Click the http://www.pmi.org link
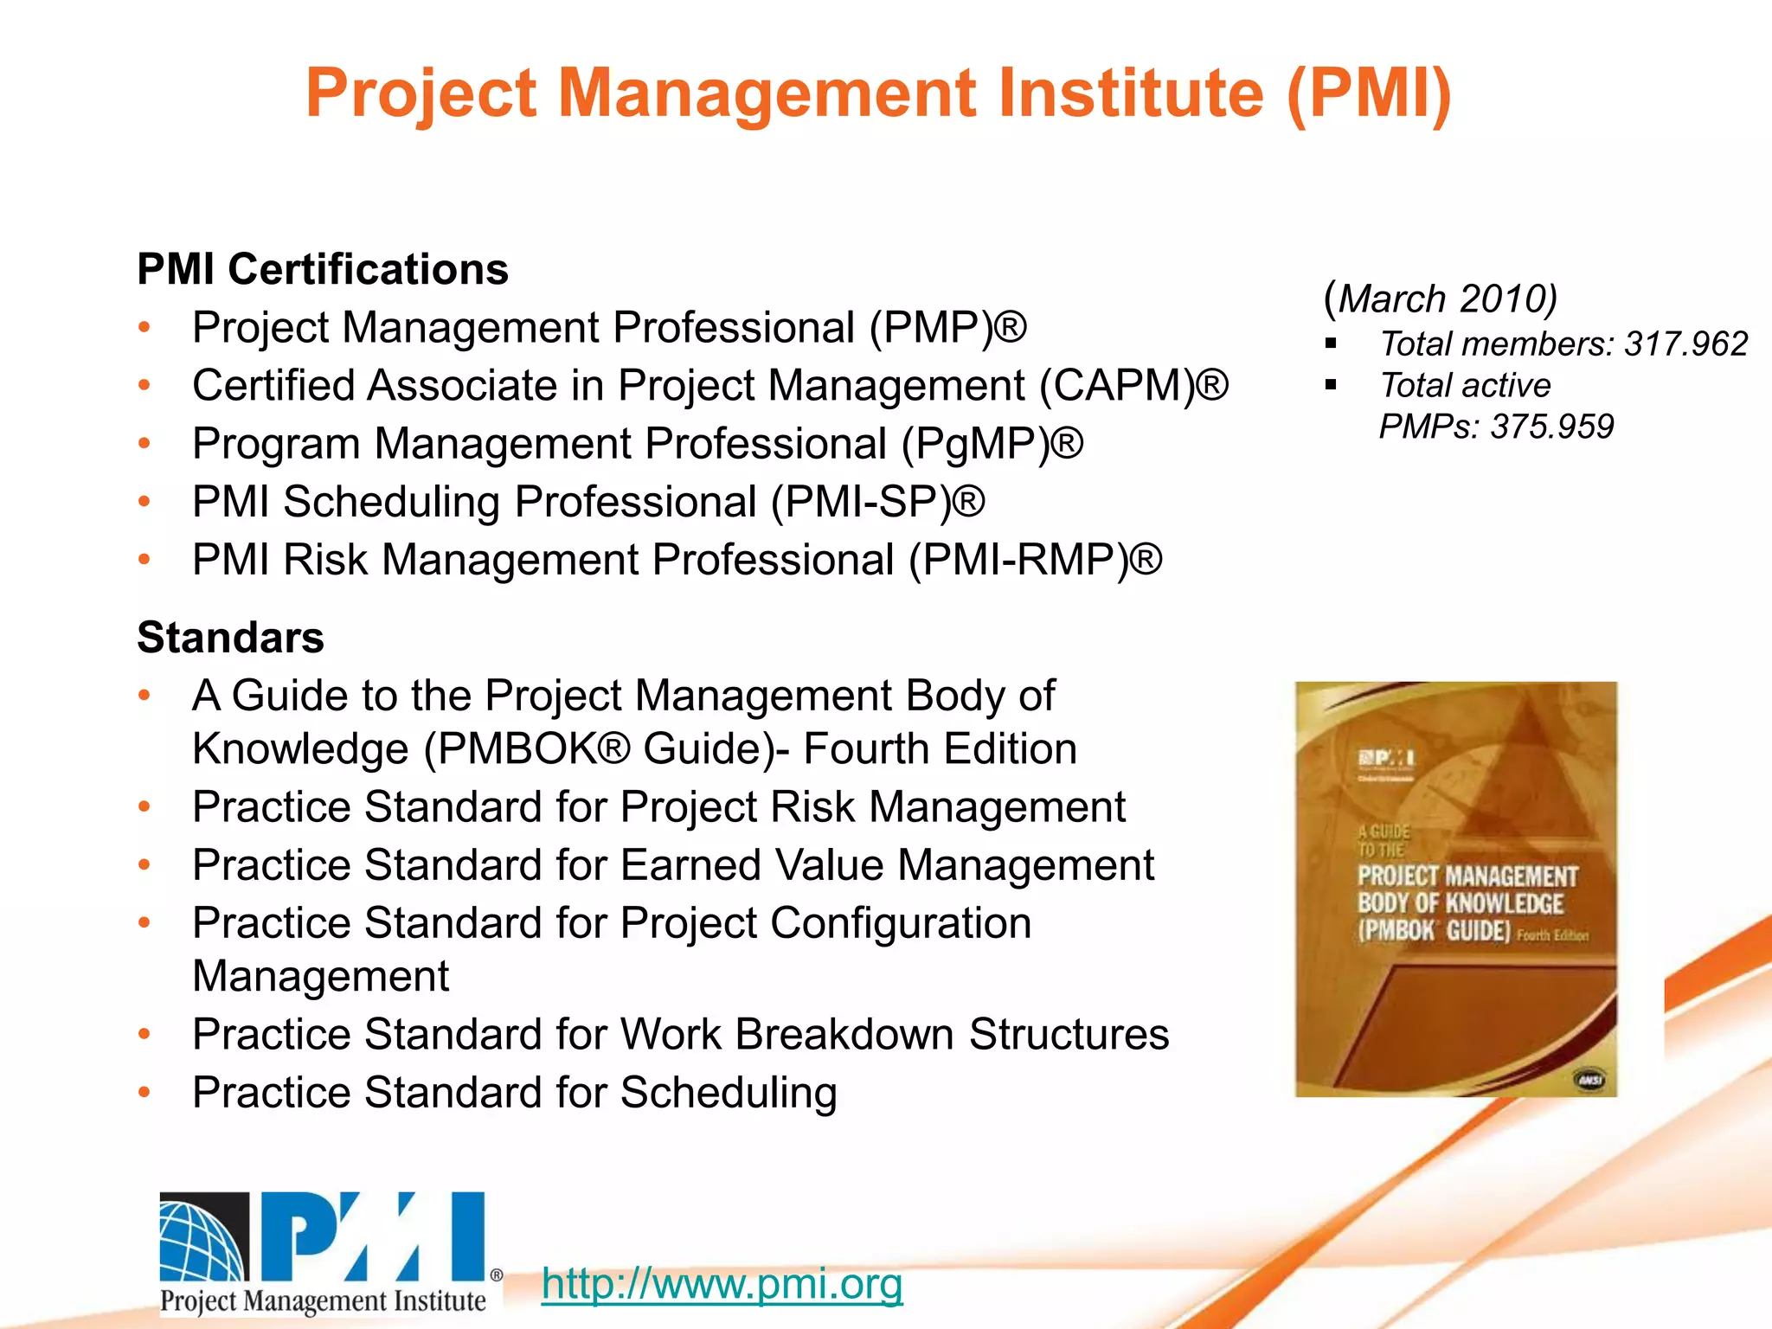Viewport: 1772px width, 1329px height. click(x=722, y=1283)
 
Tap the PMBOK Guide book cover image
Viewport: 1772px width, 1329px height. click(x=1456, y=889)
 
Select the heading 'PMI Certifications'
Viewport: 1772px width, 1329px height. click(x=323, y=269)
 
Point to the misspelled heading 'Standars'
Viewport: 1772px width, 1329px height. click(x=230, y=638)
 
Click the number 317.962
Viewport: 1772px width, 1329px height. click(x=1686, y=344)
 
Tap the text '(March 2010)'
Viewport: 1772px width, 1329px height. click(x=1441, y=299)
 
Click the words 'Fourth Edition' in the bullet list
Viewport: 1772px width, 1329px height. click(x=940, y=749)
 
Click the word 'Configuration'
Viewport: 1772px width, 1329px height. click(x=901, y=923)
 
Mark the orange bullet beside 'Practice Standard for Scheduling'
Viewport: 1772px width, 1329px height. click(x=144, y=1092)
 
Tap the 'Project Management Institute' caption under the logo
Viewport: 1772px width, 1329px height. click(x=323, y=1301)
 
